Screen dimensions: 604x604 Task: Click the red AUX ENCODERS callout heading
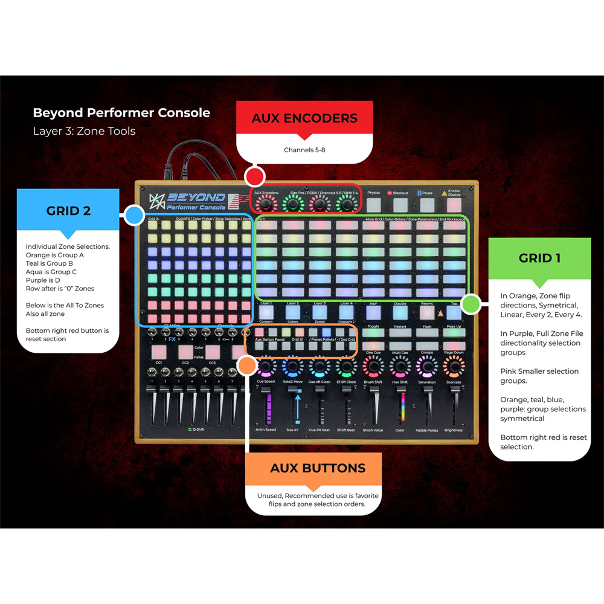tap(304, 118)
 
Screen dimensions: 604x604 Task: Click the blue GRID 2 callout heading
tap(68, 211)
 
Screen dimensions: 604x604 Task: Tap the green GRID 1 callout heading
tap(539, 258)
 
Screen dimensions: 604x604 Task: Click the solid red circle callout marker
tap(254, 177)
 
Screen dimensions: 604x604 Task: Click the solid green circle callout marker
tap(471, 304)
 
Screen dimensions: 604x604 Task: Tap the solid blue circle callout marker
tap(133, 214)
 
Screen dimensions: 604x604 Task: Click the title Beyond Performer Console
tap(121, 113)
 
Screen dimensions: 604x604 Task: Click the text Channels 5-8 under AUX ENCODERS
tap(304, 150)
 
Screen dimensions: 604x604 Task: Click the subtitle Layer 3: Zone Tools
tap(84, 131)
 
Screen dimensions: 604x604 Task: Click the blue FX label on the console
tap(172, 339)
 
